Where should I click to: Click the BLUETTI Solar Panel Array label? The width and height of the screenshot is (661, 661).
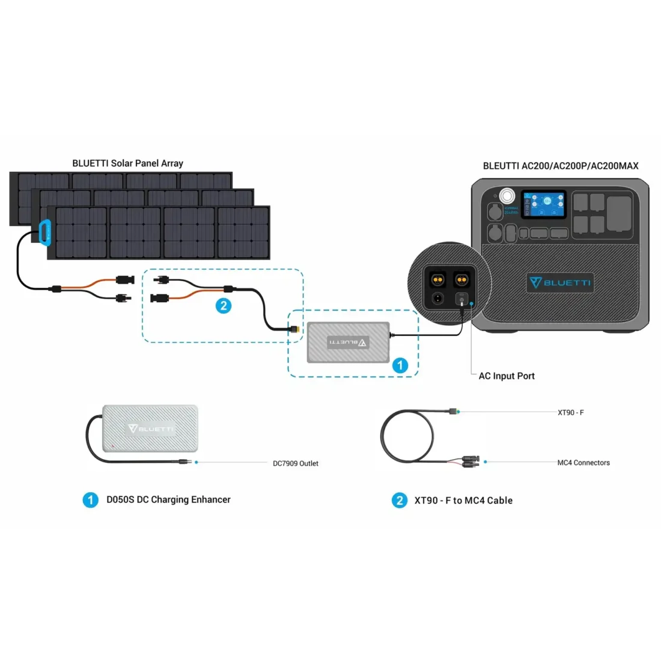coord(127,163)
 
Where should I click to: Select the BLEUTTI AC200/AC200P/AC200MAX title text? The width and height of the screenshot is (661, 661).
coord(561,166)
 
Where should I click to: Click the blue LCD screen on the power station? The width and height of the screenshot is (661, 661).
coord(543,205)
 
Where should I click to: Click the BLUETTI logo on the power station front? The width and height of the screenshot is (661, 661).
coord(560,282)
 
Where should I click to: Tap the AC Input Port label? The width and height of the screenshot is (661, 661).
coord(507,376)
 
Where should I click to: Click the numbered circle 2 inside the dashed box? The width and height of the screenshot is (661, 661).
coord(224,305)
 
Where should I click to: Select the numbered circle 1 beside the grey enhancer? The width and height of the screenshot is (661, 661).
coord(400,365)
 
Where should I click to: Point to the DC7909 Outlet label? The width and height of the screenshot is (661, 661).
coord(296,463)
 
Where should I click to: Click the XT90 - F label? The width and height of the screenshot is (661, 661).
coord(571,413)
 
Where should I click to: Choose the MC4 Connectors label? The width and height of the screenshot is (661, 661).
coord(583,463)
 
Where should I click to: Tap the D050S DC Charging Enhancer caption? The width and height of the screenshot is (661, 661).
coord(168,499)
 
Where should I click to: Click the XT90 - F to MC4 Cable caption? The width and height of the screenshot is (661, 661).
coord(463,501)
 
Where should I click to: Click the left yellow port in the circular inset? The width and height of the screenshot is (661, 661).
coord(437,279)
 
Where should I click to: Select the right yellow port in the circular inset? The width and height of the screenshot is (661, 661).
coord(461,279)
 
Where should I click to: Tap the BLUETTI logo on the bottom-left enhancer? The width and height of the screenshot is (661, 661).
coord(150,428)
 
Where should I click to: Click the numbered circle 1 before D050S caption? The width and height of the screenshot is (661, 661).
coord(90,500)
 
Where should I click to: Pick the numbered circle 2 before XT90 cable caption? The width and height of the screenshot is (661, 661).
coord(400,501)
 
